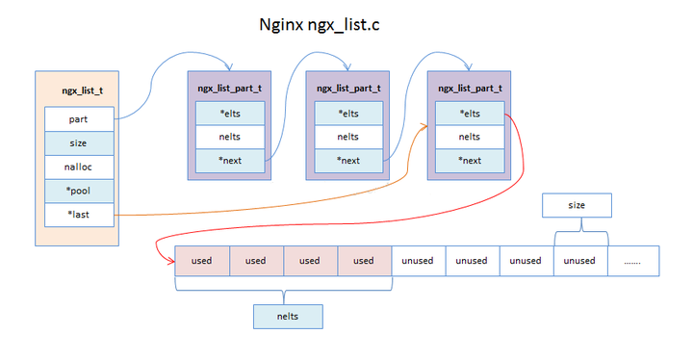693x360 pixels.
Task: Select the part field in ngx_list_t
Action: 79,119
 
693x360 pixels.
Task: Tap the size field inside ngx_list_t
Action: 79,143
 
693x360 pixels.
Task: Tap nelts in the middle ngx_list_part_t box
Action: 347,137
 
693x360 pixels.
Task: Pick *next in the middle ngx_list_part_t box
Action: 347,160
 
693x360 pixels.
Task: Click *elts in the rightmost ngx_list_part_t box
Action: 469,114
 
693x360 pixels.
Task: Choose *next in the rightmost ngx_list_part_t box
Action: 469,160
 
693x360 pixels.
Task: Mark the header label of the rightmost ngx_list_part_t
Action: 469,88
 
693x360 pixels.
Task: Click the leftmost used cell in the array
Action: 201,261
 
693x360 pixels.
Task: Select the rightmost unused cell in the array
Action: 579,261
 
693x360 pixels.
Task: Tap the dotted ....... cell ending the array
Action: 632,261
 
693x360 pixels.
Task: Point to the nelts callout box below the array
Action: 288,316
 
